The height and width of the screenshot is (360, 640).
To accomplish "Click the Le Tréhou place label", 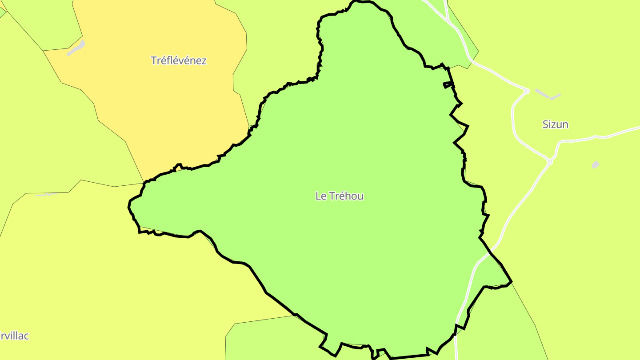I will pyautogui.click(x=339, y=196).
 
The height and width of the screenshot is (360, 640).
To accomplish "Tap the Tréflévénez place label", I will pyautogui.click(x=179, y=60).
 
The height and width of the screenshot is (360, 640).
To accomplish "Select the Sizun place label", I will pyautogui.click(x=555, y=124).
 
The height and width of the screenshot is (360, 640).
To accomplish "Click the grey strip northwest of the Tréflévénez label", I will pyautogui.click(x=76, y=48).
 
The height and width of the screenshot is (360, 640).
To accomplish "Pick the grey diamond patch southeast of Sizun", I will pyautogui.click(x=596, y=165).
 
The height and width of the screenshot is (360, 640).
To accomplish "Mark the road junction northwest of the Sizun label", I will pyautogui.click(x=527, y=91).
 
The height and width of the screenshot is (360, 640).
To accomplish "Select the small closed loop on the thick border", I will pyautogui.click(x=449, y=84).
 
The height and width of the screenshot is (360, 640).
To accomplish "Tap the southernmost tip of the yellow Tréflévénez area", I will pyautogui.click(x=144, y=182).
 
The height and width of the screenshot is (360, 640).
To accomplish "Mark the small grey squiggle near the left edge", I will pyautogui.click(x=46, y=194).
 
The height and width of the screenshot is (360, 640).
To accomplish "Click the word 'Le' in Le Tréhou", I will pyautogui.click(x=320, y=196).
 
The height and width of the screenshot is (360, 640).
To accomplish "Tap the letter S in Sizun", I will pyautogui.click(x=545, y=124).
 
